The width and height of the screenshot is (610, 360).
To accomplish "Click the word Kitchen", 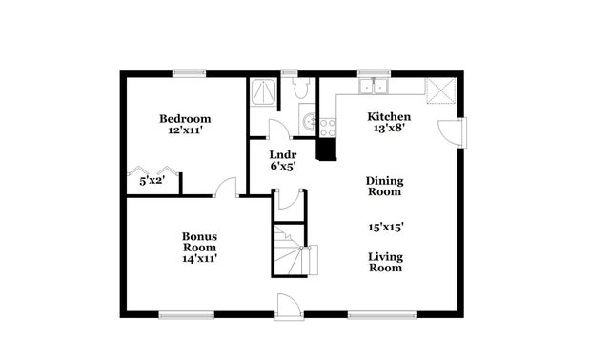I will [389, 118].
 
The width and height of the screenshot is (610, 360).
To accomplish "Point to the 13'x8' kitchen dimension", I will [389, 131].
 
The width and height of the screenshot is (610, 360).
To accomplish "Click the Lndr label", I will [283, 155].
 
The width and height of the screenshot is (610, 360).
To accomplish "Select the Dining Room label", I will [385, 185].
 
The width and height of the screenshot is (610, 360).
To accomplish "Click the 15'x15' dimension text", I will [385, 227].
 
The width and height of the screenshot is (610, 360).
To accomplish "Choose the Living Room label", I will [385, 261].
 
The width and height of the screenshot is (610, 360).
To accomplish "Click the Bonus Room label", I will [201, 241].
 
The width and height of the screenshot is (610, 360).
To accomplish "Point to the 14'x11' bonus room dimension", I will [201, 258].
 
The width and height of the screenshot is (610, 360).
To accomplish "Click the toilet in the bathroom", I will [301, 90].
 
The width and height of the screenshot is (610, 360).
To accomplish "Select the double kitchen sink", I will [373, 87].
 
